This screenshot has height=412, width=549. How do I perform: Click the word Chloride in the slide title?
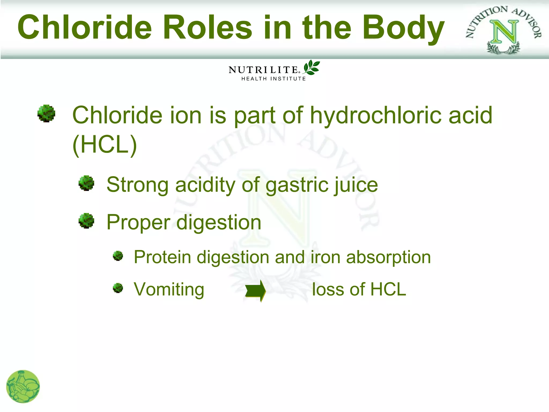85,28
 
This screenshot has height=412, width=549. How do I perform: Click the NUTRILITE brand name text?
263,70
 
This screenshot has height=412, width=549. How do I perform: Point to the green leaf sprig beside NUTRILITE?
311,67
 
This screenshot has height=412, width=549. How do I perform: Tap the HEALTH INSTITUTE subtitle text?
273,79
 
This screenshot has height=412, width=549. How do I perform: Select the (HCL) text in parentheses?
105,145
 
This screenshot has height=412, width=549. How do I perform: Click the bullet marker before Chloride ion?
46,113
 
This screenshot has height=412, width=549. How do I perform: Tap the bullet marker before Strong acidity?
86,183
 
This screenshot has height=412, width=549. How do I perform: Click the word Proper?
138,223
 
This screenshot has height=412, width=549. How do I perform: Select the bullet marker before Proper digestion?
86,221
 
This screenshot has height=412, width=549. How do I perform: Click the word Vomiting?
169,290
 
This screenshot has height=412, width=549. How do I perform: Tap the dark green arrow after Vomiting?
255,291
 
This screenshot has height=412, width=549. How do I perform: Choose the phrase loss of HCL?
359,289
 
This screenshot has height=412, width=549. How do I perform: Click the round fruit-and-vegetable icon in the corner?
23,387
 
